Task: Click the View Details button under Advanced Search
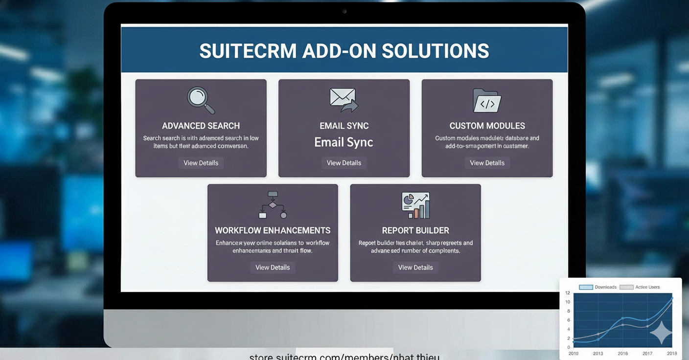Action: point(201,163)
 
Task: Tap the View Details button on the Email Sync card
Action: point(344,163)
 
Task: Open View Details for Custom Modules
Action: point(487,163)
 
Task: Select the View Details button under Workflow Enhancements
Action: point(273,268)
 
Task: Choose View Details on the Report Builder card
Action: point(415,268)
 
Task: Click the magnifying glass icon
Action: point(201,99)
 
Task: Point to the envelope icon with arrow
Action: point(344,99)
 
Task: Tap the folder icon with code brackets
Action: point(487,101)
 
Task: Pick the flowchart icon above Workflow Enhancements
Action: point(273,204)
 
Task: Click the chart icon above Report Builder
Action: point(415,205)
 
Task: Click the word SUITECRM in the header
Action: point(247,51)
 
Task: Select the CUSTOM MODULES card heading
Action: point(487,126)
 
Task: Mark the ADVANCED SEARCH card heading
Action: point(201,126)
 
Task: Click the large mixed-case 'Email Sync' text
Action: point(344,142)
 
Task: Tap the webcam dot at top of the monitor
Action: point(344,11)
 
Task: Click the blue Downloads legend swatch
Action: point(586,287)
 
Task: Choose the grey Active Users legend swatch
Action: point(626,287)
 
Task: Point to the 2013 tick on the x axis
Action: point(597,353)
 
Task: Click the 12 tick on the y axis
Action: point(568,293)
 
